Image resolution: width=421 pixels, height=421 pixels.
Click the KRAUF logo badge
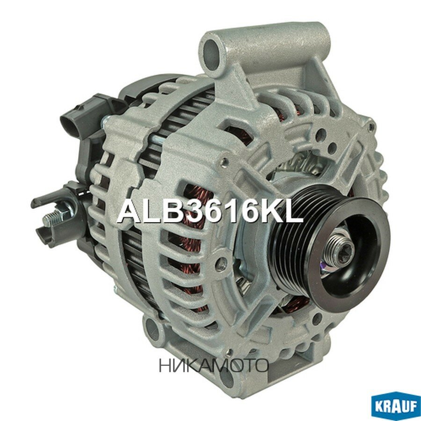395,404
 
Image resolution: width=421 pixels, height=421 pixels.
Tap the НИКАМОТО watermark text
213,365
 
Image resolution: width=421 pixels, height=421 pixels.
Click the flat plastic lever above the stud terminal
51,196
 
